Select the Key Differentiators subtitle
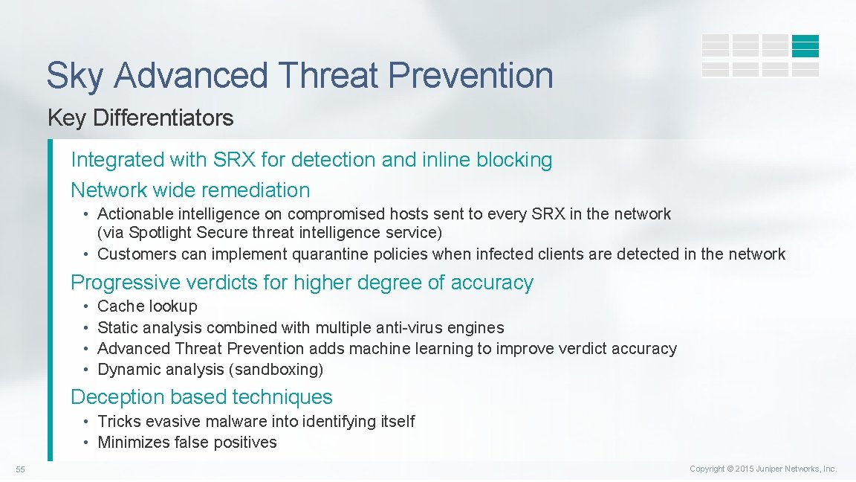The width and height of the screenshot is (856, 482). (x=140, y=118)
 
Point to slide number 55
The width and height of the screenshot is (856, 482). (x=21, y=469)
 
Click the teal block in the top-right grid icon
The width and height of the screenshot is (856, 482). (x=805, y=46)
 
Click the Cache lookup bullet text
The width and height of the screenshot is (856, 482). (x=147, y=306)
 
